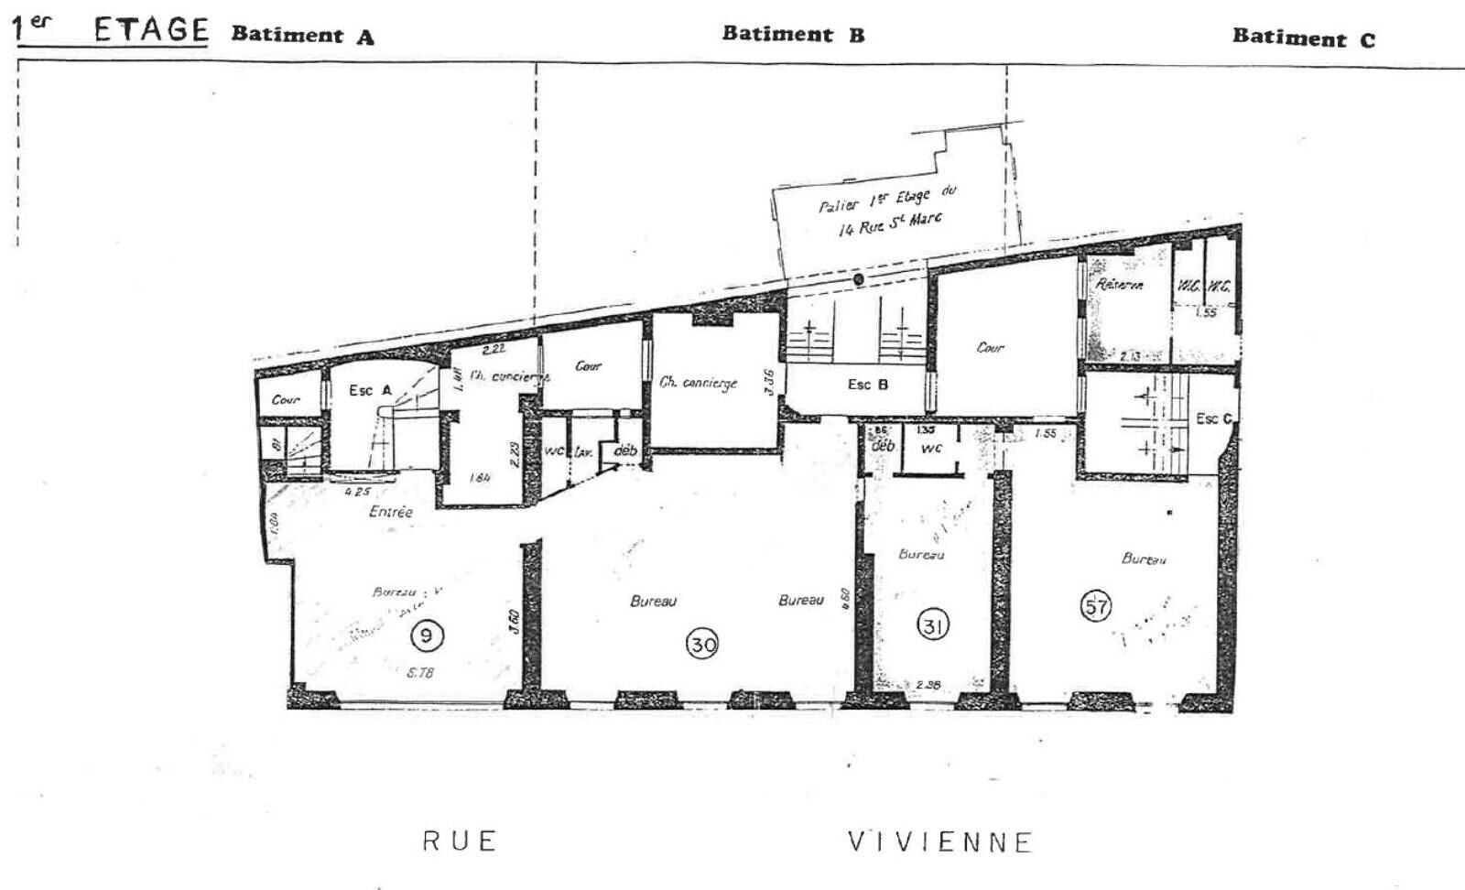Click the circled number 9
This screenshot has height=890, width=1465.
(x=427, y=634)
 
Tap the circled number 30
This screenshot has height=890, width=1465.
(x=703, y=645)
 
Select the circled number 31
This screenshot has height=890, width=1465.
(x=933, y=626)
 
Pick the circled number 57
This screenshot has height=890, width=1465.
(x=1096, y=606)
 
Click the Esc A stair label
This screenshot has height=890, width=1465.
(x=370, y=391)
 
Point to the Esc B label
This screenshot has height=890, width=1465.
(x=867, y=385)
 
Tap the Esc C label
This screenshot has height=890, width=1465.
(x=1214, y=418)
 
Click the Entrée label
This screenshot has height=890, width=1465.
(x=391, y=512)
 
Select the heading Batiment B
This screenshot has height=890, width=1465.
(x=793, y=35)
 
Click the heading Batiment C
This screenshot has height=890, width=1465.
(x=1303, y=38)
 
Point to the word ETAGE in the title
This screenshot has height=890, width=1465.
(x=151, y=30)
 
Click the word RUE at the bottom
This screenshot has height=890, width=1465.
(x=459, y=841)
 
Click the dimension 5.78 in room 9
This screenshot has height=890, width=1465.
(x=419, y=673)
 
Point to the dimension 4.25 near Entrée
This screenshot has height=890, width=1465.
(x=356, y=492)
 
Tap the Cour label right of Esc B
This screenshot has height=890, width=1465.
(x=990, y=348)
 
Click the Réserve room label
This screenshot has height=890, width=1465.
(x=1119, y=285)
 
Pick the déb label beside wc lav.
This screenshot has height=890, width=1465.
(x=625, y=450)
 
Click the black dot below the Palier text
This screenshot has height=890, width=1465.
(x=859, y=279)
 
